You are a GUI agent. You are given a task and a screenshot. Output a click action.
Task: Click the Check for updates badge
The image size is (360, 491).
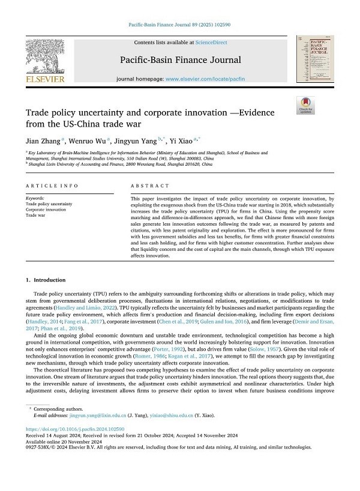[305, 105]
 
